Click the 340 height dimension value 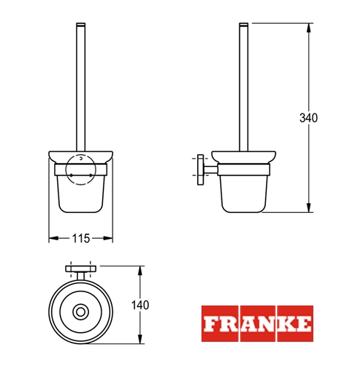(x=308, y=118)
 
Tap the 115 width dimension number (x=81, y=239)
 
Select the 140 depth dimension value (x=140, y=305)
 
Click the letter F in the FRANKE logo (x=210, y=324)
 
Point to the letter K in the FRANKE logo (x=286, y=324)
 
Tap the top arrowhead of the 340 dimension (x=308, y=28)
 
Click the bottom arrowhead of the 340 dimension (x=308, y=207)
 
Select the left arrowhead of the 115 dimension (x=53, y=238)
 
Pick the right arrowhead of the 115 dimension (x=108, y=238)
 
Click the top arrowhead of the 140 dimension (x=140, y=271)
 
